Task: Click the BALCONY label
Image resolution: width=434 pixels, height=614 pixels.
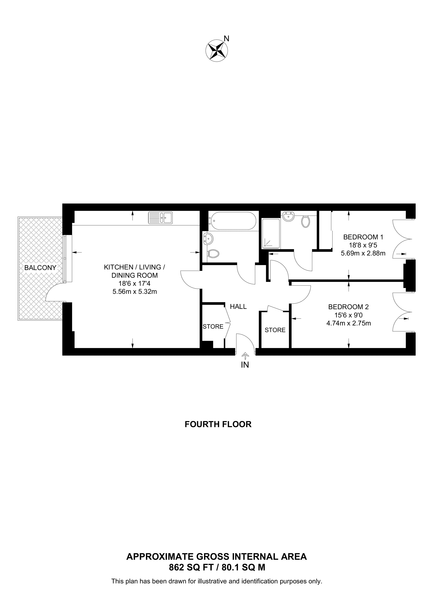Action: point(40,268)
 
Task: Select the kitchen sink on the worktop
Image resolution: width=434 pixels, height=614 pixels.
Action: point(160,218)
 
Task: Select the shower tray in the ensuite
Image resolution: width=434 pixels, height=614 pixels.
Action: point(271,233)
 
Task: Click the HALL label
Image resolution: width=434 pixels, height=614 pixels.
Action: point(238,307)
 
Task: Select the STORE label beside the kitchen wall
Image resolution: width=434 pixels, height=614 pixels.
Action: point(213,326)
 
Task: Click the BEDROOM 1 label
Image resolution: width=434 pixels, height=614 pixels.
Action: point(363,237)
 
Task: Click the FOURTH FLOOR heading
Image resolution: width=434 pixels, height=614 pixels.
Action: point(218,424)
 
